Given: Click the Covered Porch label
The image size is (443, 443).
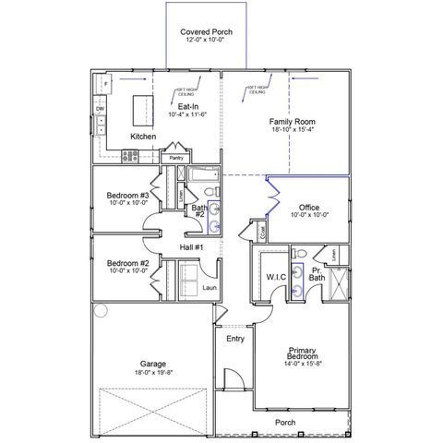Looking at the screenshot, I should [x=206, y=32].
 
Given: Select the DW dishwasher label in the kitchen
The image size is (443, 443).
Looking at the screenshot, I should [x=100, y=109].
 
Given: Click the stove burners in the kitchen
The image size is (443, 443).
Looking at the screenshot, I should [x=127, y=156].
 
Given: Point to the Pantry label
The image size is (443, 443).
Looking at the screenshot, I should [x=176, y=158].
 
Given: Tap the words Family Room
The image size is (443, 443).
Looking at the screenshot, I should [x=293, y=122].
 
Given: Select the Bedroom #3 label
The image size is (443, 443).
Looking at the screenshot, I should [x=128, y=196].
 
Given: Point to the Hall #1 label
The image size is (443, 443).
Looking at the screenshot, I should [x=191, y=247].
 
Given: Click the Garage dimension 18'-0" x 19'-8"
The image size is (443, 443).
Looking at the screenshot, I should [x=152, y=373].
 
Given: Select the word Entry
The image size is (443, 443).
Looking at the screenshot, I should [x=235, y=339].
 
